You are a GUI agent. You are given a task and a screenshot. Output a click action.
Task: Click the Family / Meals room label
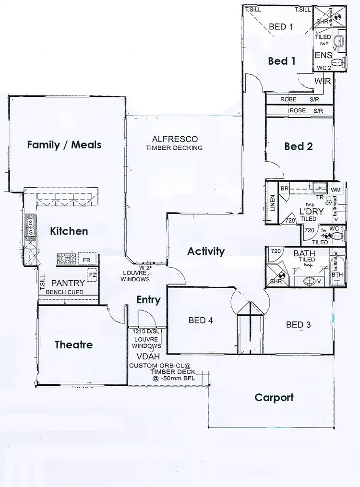click(64, 144)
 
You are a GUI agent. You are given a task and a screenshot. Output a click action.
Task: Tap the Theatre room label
click(73, 344)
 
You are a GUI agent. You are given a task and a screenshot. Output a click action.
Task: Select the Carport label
click(274, 397)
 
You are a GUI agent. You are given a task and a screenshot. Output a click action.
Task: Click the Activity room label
click(206, 251)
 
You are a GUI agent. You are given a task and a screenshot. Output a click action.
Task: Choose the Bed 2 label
click(298, 146)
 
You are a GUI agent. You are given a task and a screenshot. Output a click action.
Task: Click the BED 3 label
click(298, 325)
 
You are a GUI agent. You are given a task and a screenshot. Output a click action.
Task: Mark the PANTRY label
click(68, 283)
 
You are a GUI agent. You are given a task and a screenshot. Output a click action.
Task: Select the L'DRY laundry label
click(312, 212)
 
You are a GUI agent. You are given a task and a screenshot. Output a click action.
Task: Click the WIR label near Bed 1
click(322, 81)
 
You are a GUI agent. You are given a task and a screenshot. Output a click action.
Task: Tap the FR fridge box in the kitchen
click(86, 260)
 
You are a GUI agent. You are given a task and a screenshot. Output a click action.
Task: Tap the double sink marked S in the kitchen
click(31, 228)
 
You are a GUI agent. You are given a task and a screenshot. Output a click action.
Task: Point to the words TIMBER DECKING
click(174, 148)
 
